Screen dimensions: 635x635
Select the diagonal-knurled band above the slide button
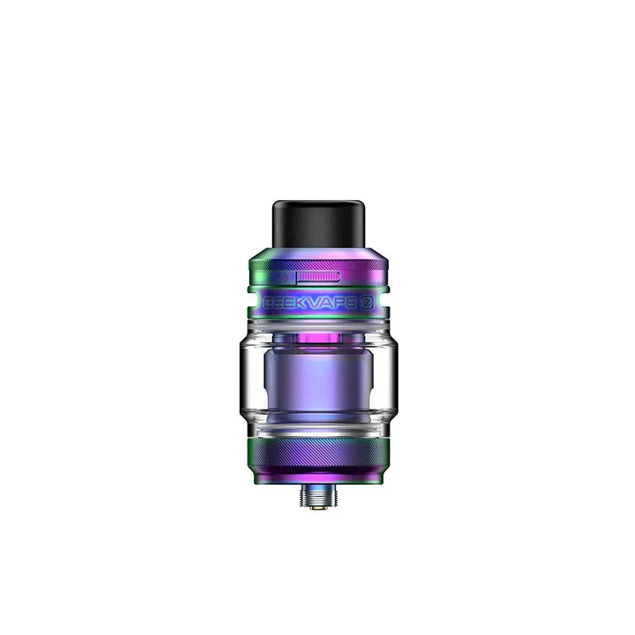pos(317,263)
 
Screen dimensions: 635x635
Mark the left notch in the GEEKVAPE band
pos(250,302)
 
